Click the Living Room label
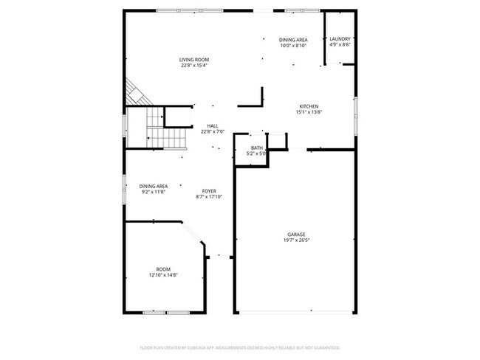pos(195,60)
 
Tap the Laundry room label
pos(340,39)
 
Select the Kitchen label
pos(309,106)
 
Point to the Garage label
pos(296,235)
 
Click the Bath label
pos(256,148)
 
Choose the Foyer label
pos(210,191)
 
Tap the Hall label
pos(213,126)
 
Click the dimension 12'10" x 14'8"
pos(163,275)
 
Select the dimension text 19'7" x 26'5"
pos(296,240)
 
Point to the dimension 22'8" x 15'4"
pos(195,66)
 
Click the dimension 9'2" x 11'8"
pos(153,192)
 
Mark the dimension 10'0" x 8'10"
pos(293,46)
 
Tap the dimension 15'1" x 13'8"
pos(309,112)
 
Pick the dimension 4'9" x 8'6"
pos(340,45)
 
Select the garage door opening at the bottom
pos(295,312)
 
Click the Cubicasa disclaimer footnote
pos(240,347)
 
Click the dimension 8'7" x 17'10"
pos(210,197)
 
